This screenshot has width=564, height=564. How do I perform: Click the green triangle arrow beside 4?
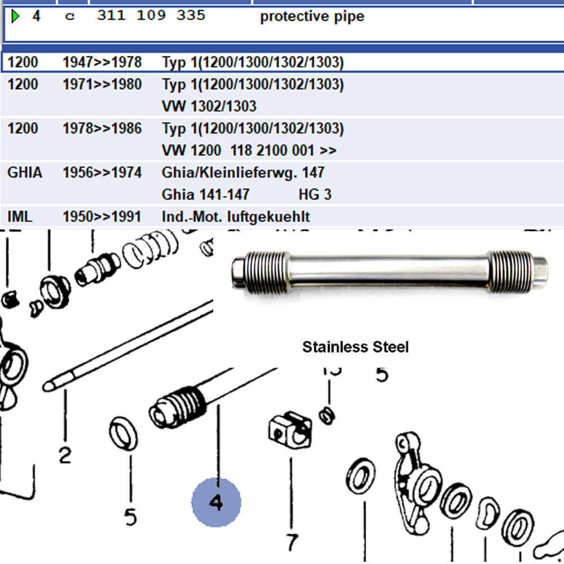pyautogui.click(x=15, y=16)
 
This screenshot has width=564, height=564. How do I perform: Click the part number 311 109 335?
pyautogui.click(x=151, y=16)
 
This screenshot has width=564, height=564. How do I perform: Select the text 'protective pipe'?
pyautogui.click(x=311, y=17)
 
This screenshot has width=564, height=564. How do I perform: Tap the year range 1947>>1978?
pyautogui.click(x=102, y=62)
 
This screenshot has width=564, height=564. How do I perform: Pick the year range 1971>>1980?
pyautogui.click(x=102, y=85)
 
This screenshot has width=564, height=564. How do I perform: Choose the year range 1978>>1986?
pyautogui.click(x=102, y=129)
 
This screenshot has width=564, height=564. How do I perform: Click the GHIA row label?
pyautogui.click(x=24, y=172)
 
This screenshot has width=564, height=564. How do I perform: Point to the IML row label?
pyautogui.click(x=20, y=217)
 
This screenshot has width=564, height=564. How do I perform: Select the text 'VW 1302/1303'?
pyautogui.click(x=209, y=107)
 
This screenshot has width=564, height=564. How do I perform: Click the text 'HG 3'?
pyautogui.click(x=315, y=195)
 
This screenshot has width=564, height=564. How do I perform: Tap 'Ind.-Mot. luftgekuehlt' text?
pyautogui.click(x=235, y=217)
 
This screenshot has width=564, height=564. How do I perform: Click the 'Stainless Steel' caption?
pyautogui.click(x=355, y=347)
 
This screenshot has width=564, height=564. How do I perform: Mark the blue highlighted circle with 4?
pyautogui.click(x=216, y=502)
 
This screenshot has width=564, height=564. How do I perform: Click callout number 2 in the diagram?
pyautogui.click(x=65, y=455)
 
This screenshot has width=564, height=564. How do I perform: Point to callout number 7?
pyautogui.click(x=291, y=542)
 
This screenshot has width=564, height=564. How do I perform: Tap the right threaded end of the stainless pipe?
pyautogui.click(x=511, y=271)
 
